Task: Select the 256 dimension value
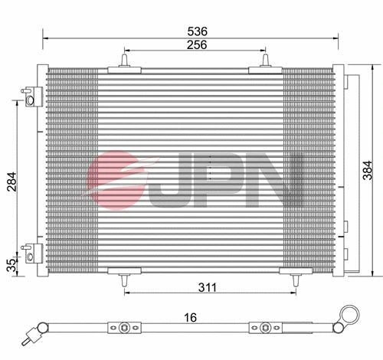click(195, 45)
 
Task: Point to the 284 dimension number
click(10, 180)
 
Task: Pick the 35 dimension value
click(10, 265)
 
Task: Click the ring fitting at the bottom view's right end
click(350, 313)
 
